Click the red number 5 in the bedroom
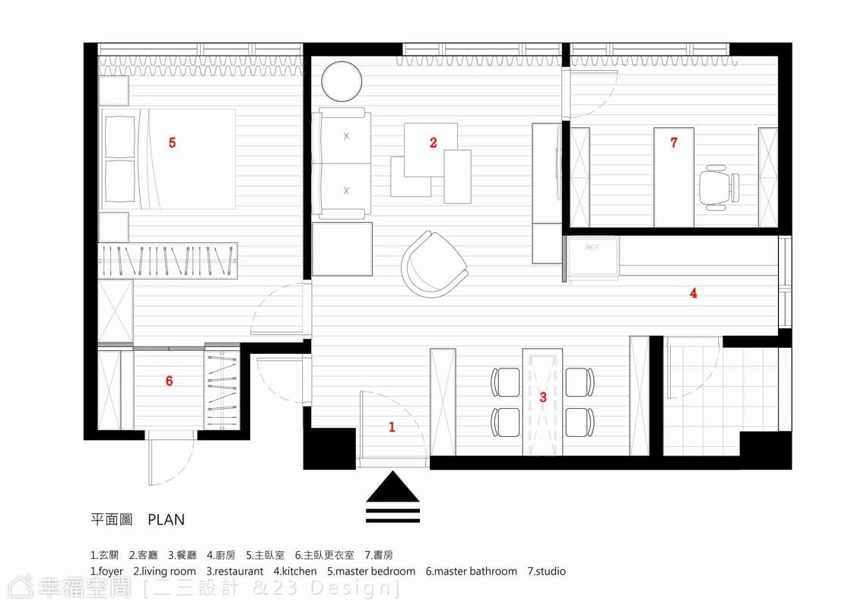[x=172, y=143]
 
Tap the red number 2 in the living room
[x=434, y=143]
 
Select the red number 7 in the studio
[x=674, y=142]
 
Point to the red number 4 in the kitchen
[x=694, y=293]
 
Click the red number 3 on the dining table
[x=543, y=397]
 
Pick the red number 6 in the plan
[x=169, y=381]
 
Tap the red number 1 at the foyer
[x=392, y=426]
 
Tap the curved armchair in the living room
[x=434, y=264]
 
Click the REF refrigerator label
[x=593, y=248]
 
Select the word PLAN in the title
[x=167, y=519]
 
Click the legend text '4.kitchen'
[x=295, y=571]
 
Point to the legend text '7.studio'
[x=546, y=571]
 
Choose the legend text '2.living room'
[x=164, y=572]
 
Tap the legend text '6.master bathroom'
[x=471, y=571]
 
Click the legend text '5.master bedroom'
[x=371, y=571]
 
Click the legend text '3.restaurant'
[x=234, y=571]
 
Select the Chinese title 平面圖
[x=112, y=519]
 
